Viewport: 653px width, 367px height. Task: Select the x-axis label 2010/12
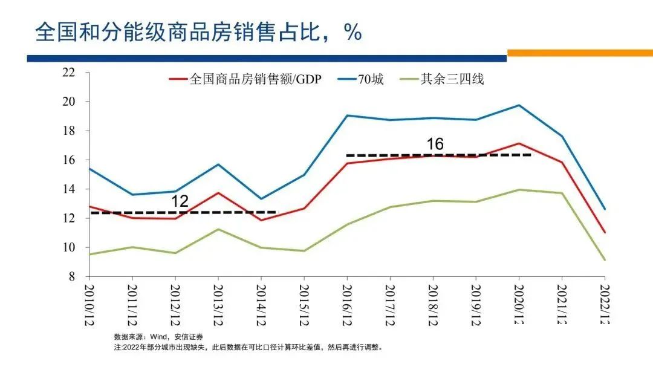click(89, 305)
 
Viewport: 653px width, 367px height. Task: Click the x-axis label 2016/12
click(347, 305)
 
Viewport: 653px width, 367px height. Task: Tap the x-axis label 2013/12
click(218, 305)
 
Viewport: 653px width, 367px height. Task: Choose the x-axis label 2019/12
click(476, 305)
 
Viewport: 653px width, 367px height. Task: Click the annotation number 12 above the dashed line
click(180, 201)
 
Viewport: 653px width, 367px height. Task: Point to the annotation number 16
click(435, 144)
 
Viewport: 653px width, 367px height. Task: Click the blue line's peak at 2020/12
click(518, 105)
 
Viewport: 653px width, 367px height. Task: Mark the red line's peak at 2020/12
click(518, 143)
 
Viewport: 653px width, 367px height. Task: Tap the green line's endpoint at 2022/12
click(604, 260)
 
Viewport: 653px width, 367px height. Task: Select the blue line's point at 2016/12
click(347, 115)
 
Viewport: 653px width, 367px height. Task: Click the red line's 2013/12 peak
click(218, 193)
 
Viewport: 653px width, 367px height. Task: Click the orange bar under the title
click(579, 53)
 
